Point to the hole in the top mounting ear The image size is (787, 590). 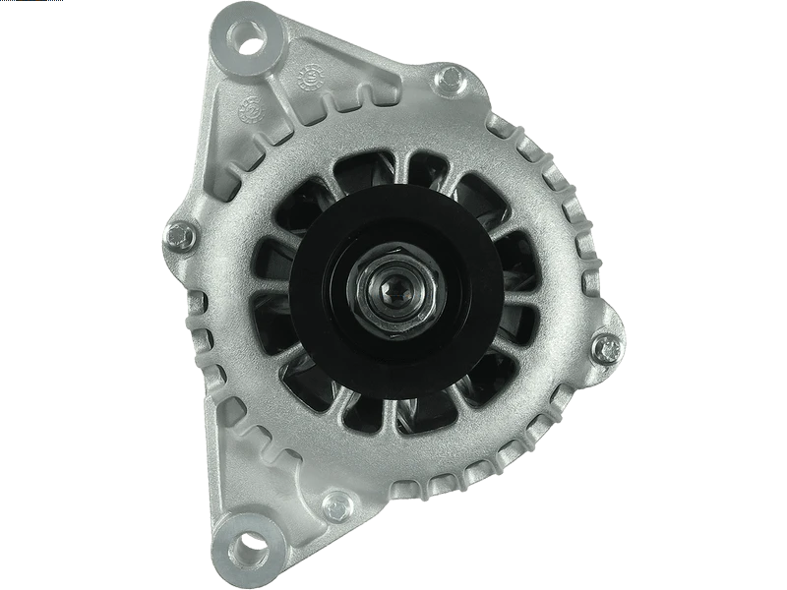(245, 36)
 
